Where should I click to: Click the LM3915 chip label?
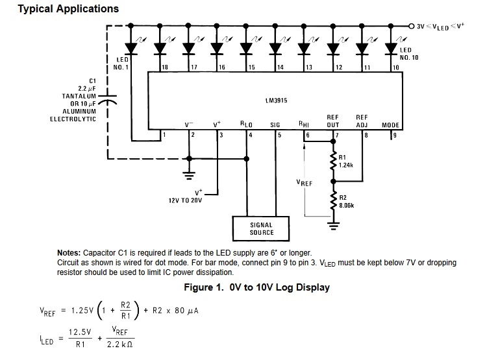click(277, 101)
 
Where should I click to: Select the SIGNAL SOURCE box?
click(261, 228)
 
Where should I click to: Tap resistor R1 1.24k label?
click(345, 162)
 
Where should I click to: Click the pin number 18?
click(165, 67)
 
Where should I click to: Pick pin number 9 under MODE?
click(393, 136)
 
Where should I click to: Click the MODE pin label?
click(390, 125)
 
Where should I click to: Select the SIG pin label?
click(275, 125)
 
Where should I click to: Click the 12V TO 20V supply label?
click(186, 200)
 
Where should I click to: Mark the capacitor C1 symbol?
click(109, 101)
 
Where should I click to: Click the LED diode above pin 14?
click(274, 47)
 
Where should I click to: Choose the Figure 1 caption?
click(256, 287)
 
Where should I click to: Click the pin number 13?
click(309, 67)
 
